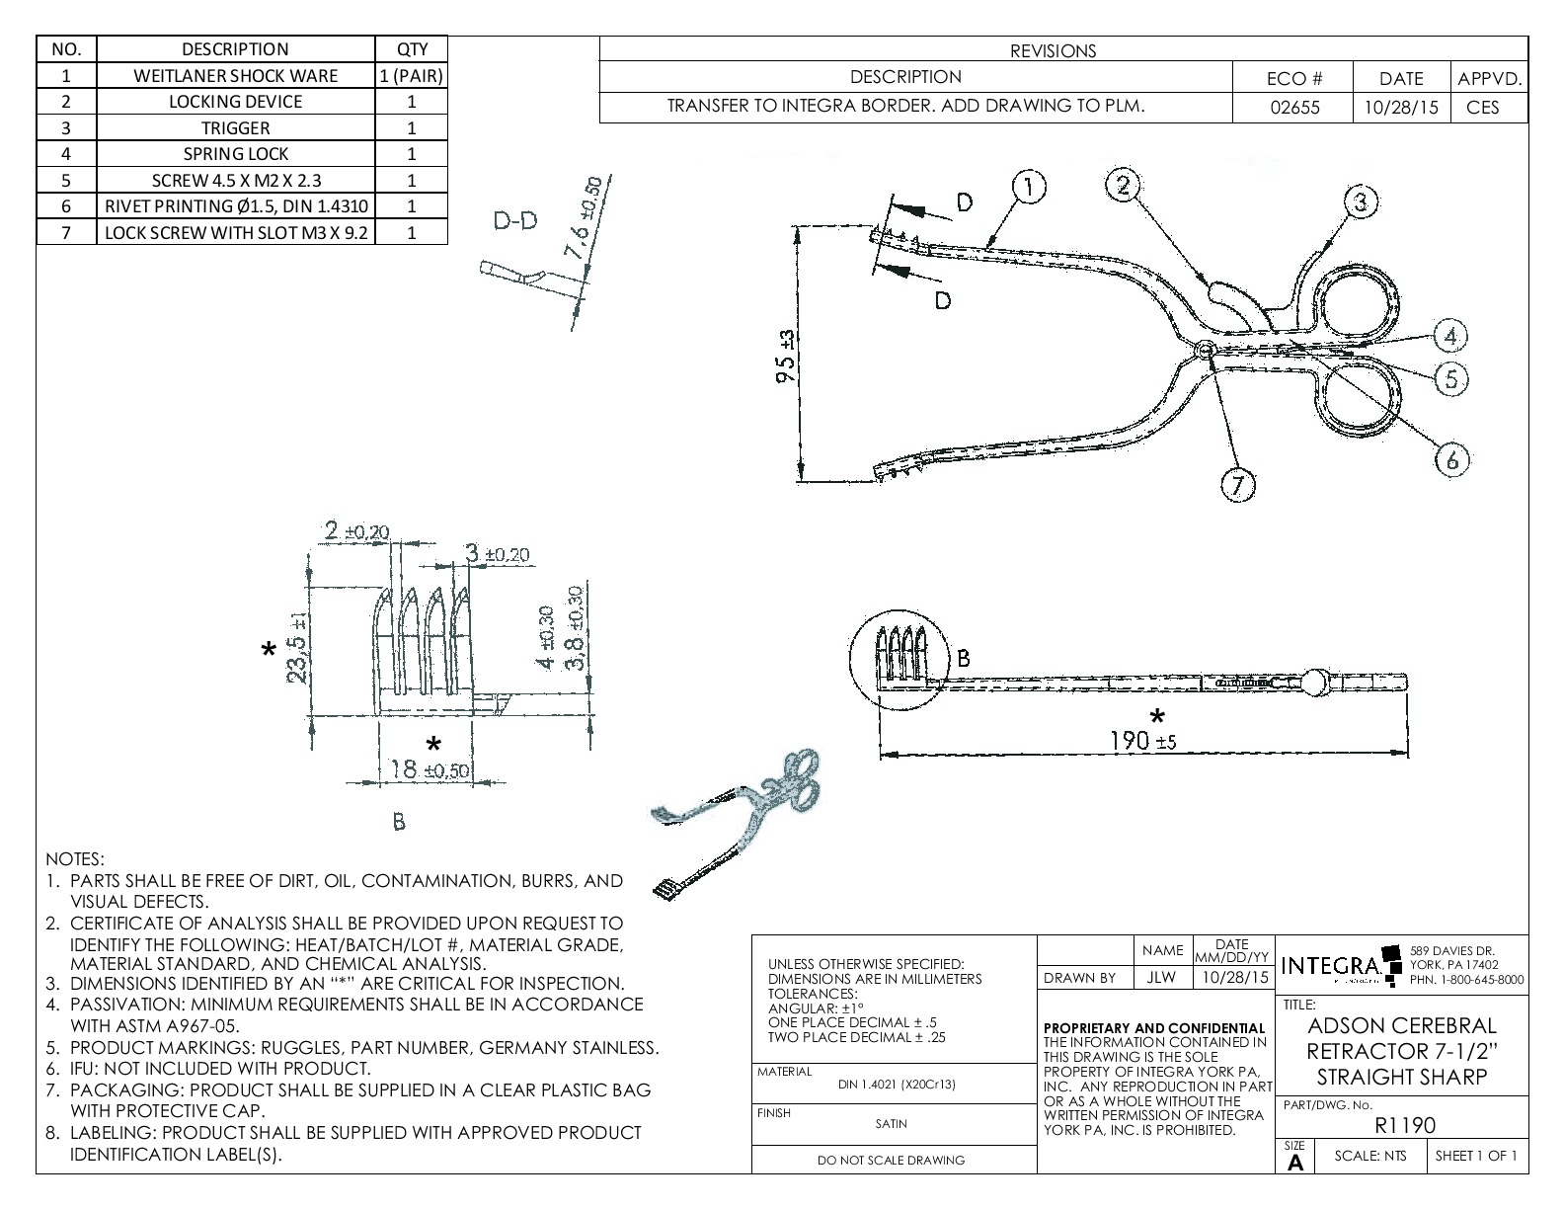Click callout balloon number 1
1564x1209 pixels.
coord(1028,186)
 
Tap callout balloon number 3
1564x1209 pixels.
coord(1361,201)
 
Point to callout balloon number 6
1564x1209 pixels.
coord(1451,458)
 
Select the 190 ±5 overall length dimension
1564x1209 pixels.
coord(1142,740)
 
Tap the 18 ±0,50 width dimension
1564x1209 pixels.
coord(427,770)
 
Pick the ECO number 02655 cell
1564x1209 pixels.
coord(1293,107)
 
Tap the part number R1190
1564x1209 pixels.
coord(1404,1124)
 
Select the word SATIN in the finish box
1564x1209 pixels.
coord(891,1123)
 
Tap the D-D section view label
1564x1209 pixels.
coord(515,220)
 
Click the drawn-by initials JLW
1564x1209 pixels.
coord(1162,977)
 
